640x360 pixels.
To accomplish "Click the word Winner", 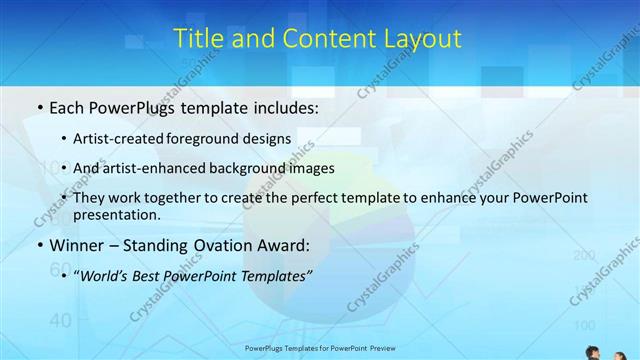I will click(x=79, y=245).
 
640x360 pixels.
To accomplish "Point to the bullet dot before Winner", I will click(x=38, y=245).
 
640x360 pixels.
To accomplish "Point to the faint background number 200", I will click(x=584, y=256).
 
